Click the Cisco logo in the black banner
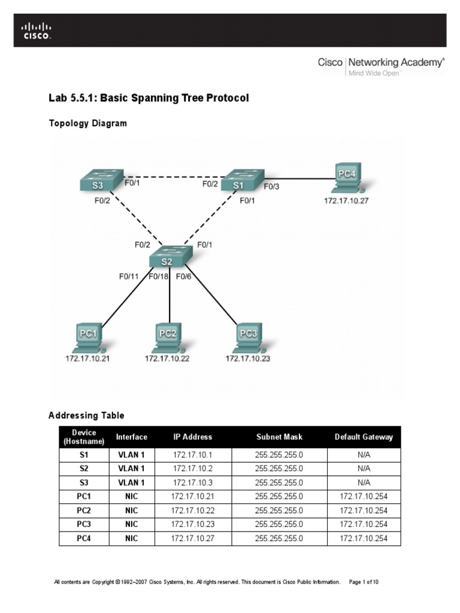coord(37,30)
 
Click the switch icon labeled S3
coord(99,180)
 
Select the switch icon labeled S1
coord(240,181)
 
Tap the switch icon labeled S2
coord(170,257)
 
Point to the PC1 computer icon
coord(88,338)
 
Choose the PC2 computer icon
coord(167,338)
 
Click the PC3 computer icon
coord(248,338)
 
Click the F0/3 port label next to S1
coord(271,187)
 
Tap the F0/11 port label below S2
coord(129,277)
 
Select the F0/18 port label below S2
coord(159,277)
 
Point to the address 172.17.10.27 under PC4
coord(346,201)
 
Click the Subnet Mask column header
coord(279,437)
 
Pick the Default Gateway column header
coord(364,437)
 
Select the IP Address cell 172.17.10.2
coord(193,468)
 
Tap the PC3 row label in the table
coord(83,524)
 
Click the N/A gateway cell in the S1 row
coord(364,454)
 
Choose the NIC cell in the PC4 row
coord(131,538)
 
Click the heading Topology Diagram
coord(87,123)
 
